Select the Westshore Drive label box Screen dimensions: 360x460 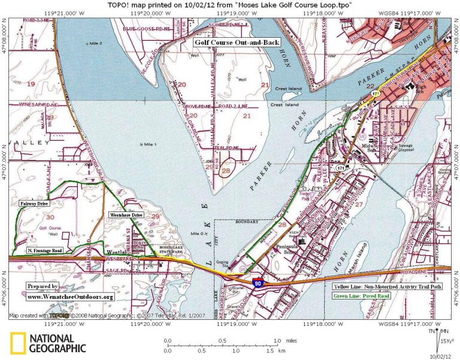coord(125,214)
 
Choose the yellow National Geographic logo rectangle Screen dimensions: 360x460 coord(17,343)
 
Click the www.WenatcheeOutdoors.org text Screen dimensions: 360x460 coord(69,297)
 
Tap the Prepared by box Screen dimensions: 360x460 coord(43,286)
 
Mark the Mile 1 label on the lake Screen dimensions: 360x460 coord(147,144)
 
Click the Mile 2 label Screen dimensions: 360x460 coord(96,44)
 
